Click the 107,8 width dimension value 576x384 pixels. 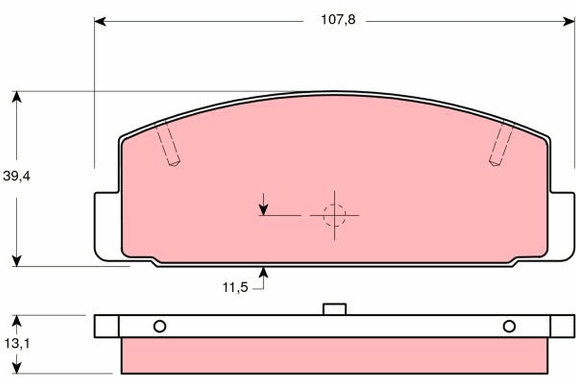tap(338, 20)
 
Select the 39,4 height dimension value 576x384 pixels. tap(17, 177)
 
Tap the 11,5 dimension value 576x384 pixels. tap(235, 288)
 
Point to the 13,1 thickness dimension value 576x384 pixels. tap(17, 344)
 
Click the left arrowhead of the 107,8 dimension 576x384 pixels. tap(100, 21)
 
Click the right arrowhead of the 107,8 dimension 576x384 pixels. tap(568, 21)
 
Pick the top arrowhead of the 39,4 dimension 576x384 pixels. tap(17, 97)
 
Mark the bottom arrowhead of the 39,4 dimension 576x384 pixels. tap(17, 261)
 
